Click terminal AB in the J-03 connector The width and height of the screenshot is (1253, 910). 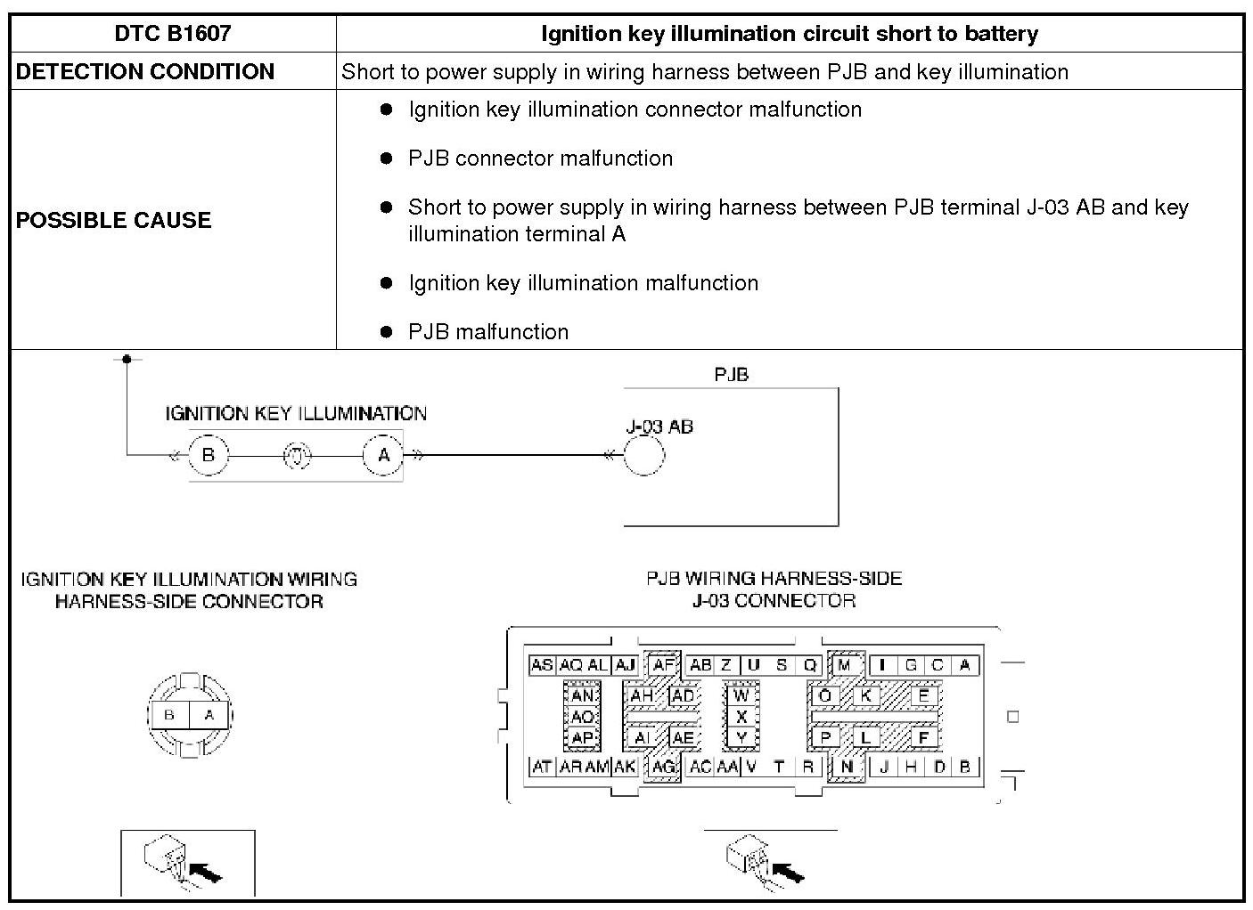click(700, 665)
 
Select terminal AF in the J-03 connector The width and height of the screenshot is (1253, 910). click(663, 665)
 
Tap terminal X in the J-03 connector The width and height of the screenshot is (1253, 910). click(741, 716)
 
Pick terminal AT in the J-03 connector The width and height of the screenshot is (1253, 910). click(542, 767)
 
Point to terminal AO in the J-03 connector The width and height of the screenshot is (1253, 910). click(582, 717)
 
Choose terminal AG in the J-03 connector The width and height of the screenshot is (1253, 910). click(663, 767)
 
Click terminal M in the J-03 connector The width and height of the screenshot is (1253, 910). click(846, 665)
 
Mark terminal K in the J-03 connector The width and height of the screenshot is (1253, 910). click(865, 695)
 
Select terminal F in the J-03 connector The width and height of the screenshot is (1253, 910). click(923, 737)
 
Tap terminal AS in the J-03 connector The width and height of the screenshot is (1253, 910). click(542, 665)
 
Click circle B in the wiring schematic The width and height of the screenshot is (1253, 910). click(209, 455)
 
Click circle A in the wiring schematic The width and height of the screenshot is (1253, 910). click(384, 455)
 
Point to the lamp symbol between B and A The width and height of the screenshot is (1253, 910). click(297, 455)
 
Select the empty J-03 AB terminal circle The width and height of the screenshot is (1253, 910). click(643, 456)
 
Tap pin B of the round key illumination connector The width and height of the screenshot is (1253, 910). click(169, 714)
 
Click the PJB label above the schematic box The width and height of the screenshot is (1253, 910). click(731, 375)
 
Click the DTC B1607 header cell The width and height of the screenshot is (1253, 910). click(173, 34)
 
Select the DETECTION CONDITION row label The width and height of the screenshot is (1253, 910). click(145, 72)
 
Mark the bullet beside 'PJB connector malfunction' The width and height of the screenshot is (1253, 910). click(386, 158)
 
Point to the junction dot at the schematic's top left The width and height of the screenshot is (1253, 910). click(127, 359)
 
